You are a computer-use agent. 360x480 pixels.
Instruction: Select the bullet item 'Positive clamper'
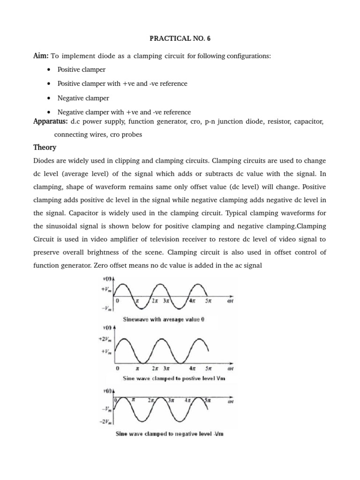(x=81, y=69)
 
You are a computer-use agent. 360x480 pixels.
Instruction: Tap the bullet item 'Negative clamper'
(x=83, y=98)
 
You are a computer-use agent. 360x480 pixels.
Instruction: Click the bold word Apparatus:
(x=50, y=121)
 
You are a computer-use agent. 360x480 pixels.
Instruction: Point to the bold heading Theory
(x=45, y=147)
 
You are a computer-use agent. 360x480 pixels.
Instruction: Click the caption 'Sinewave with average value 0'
(x=164, y=320)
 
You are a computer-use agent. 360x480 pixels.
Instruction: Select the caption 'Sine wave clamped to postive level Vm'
(x=174, y=377)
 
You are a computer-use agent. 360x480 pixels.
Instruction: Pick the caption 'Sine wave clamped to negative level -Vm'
(x=170, y=434)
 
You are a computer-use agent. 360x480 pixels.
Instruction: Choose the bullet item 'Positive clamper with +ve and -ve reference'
(x=122, y=83)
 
